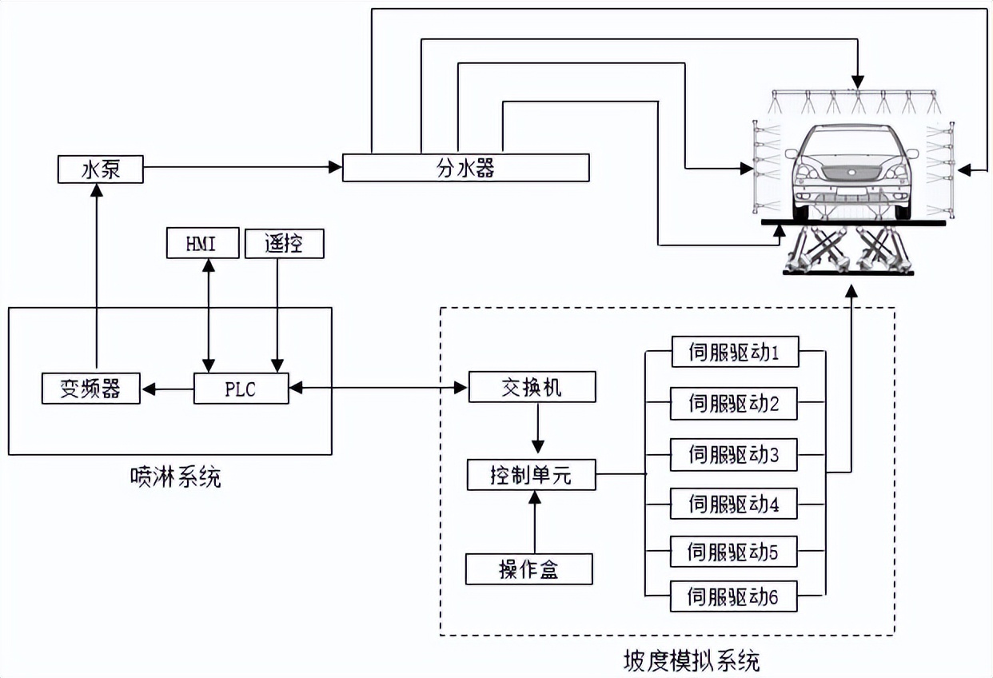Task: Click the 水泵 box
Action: tap(101, 169)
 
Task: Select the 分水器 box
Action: tap(465, 168)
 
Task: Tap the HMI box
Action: tap(202, 243)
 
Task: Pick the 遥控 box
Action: tap(284, 243)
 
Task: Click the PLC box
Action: tap(241, 389)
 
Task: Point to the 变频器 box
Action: tap(90, 389)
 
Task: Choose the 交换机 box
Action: tap(532, 387)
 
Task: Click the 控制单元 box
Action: tap(531, 476)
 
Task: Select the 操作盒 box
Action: tap(529, 568)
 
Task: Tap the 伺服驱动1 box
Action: tap(734, 352)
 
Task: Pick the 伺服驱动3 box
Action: tap(734, 455)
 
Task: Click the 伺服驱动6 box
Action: tap(734, 596)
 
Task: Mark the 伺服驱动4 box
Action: tap(734, 504)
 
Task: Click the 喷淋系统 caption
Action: tap(176, 477)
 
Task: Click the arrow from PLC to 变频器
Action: tap(168, 389)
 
